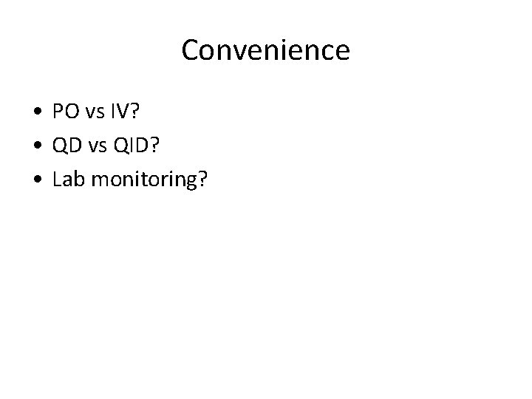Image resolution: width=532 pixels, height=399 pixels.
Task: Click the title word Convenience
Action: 265,51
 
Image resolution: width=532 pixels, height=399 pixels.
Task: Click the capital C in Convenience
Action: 189,51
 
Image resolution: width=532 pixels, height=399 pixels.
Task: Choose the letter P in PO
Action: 57,112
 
